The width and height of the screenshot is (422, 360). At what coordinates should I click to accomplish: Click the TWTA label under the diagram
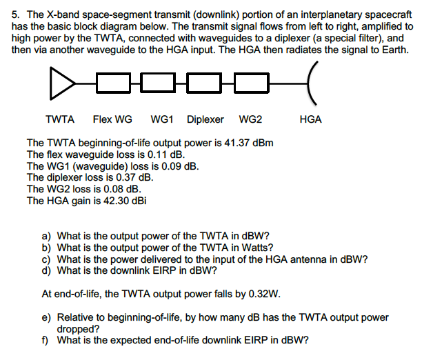[60, 119]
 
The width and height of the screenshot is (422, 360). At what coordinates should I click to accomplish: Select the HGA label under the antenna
[311, 119]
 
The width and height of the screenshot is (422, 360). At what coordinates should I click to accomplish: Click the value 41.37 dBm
[250, 143]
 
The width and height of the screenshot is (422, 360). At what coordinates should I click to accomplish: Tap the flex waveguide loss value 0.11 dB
[161, 154]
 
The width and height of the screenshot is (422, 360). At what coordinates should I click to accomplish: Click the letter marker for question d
[47, 271]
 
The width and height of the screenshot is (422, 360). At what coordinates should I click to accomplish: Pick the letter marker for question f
[46, 341]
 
